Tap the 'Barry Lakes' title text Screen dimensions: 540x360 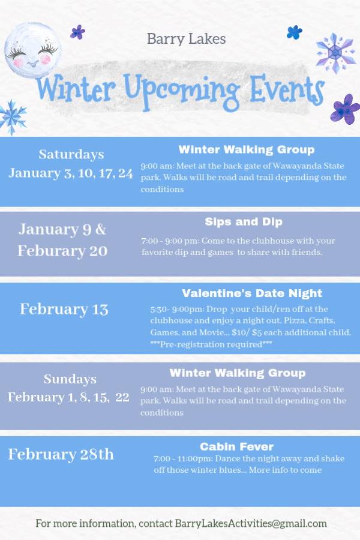tap(186, 39)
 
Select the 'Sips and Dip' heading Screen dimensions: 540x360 tap(243, 222)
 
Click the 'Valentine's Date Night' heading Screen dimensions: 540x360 tap(252, 293)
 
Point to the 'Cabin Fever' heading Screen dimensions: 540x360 tap(236, 446)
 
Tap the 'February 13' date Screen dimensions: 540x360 tap(64, 309)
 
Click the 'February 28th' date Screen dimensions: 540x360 tap(61, 454)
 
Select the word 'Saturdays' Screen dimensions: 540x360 tap(71, 154)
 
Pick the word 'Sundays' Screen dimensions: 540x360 tap(70, 379)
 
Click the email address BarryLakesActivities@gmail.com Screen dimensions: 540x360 tap(251, 523)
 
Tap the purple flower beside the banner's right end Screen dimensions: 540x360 tap(344, 109)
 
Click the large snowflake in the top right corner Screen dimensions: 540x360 tap(335, 53)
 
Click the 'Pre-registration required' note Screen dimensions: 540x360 tap(211, 344)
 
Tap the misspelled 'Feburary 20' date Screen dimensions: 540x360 tap(62, 251)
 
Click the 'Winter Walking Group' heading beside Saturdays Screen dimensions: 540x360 tap(246, 149)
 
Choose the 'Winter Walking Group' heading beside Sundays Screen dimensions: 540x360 tap(238, 373)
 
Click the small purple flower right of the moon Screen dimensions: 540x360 tap(77, 32)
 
